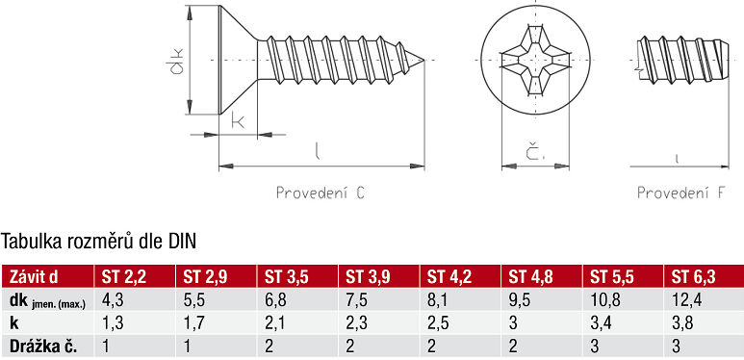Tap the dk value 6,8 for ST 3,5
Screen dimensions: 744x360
pyautogui.click(x=274, y=300)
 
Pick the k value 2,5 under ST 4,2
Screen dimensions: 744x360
pyautogui.click(x=437, y=323)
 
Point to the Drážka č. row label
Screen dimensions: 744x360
pyautogui.click(x=43, y=347)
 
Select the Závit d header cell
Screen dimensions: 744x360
pyautogui.click(x=34, y=277)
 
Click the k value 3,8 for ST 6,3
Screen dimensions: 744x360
pyautogui.click(x=682, y=323)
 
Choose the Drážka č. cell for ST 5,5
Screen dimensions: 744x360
pyautogui.click(x=595, y=347)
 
